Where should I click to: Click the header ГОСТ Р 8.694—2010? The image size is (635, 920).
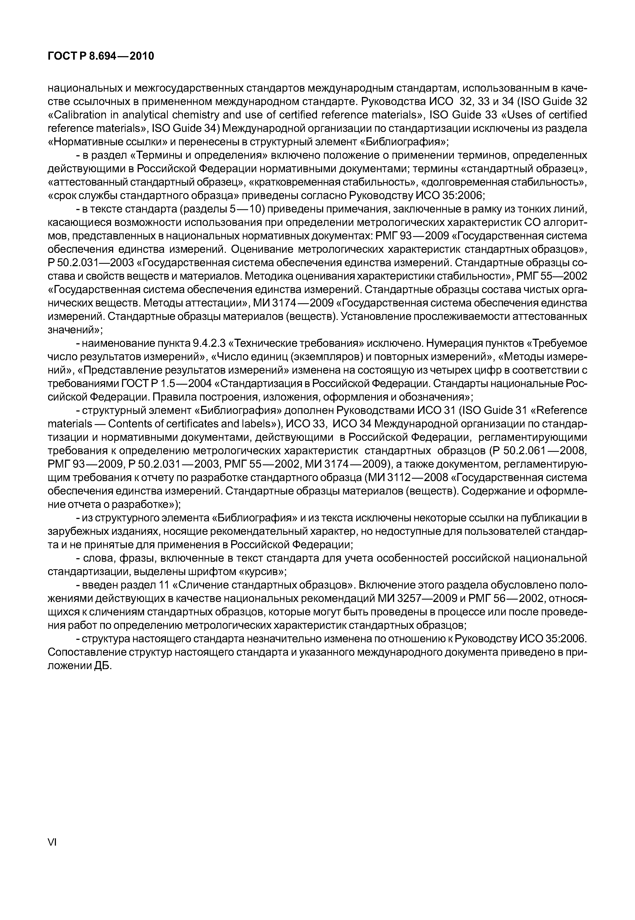(x=101, y=56)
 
